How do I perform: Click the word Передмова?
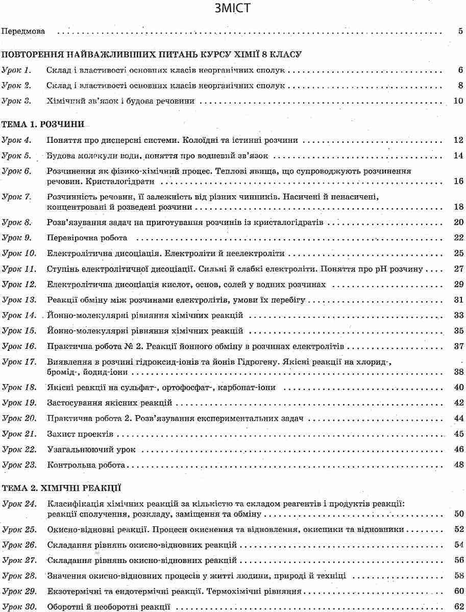coord(23,31)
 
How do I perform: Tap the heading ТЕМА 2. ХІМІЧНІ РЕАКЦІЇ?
coord(61,488)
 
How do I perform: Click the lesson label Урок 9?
coord(17,238)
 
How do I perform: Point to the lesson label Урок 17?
coord(19,362)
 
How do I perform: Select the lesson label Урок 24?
coord(19,504)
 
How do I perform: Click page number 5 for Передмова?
coord(460,31)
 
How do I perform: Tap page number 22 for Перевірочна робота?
coord(458,238)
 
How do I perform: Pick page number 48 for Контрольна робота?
coord(458,465)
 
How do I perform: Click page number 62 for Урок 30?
coord(458,607)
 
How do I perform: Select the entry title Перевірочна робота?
coord(87,238)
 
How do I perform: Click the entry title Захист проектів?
coord(80,434)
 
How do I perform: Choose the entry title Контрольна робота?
coord(86,465)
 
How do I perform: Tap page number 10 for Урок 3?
coord(458,101)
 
